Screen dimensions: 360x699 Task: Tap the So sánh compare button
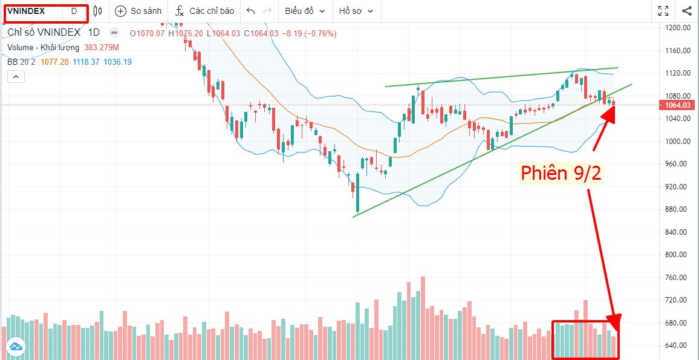(138, 11)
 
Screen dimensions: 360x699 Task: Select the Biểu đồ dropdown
(305, 11)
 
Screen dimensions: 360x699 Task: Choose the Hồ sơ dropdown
(356, 11)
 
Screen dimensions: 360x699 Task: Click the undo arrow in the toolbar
(251, 11)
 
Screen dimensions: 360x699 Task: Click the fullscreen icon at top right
(663, 11)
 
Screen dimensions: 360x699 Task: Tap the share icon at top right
(687, 11)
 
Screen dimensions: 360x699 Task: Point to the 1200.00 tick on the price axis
(677, 28)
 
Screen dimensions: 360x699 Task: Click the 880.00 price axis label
(677, 209)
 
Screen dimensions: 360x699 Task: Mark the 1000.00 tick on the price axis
(677, 141)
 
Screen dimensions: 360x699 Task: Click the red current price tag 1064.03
(677, 105)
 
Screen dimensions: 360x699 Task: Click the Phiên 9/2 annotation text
(561, 173)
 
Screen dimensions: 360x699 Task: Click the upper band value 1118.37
(87, 62)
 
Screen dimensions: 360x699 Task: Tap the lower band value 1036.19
(118, 62)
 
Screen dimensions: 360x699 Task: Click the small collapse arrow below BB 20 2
(16, 76)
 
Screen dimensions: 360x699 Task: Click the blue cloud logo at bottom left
(15, 347)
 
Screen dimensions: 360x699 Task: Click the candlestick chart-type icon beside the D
(98, 11)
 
